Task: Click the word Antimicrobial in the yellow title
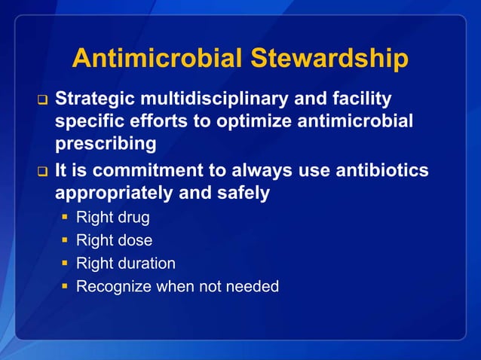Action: coord(156,59)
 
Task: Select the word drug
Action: coord(133,219)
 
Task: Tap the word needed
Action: coord(253,286)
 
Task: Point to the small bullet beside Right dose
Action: coord(66,242)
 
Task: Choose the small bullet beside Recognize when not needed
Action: coord(66,287)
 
